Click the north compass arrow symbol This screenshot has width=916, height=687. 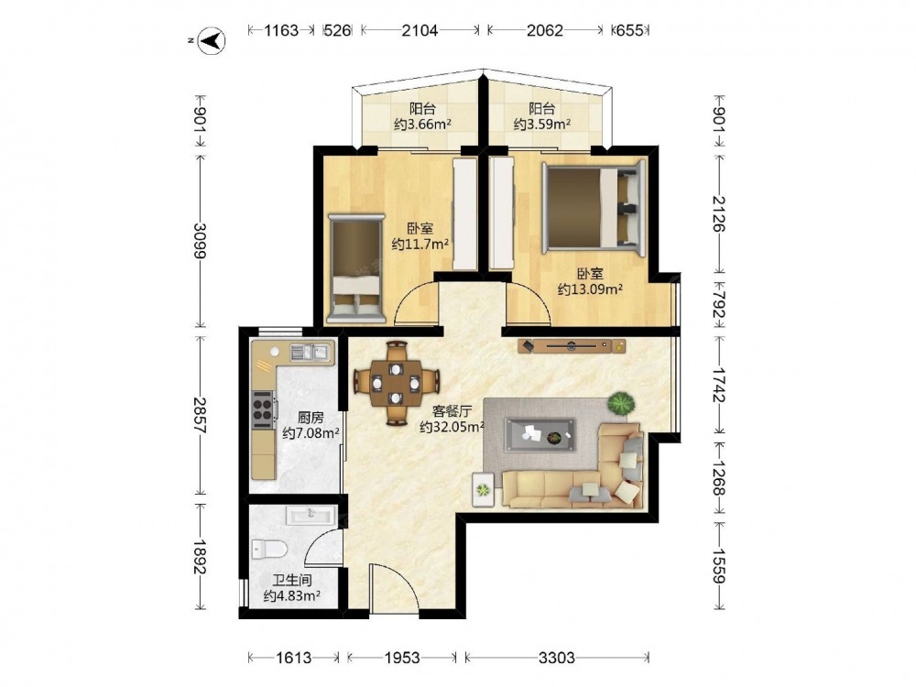[213, 40]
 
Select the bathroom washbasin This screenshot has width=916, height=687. [311, 515]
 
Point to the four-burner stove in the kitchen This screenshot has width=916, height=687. [263, 409]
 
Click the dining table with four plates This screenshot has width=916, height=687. [396, 383]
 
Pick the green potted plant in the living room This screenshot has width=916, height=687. [620, 403]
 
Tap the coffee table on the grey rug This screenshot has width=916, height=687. [540, 434]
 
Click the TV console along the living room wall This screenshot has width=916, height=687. [572, 346]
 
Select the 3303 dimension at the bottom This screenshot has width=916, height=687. [556, 658]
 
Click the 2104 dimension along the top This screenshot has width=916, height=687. [420, 30]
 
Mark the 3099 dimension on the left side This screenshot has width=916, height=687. [200, 240]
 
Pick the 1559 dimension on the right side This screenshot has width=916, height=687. [718, 566]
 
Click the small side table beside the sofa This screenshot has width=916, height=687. [483, 490]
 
